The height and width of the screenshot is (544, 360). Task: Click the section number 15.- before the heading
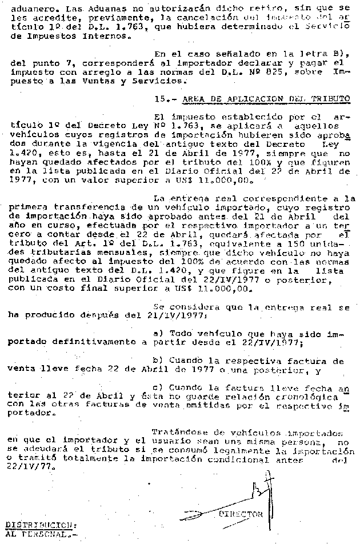pos(166,98)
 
